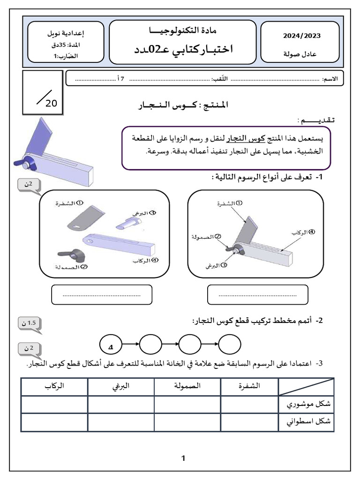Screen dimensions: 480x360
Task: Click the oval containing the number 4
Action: point(111,346)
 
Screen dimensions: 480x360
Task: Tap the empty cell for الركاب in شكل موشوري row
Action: point(54,404)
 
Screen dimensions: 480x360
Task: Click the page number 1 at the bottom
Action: point(183,458)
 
